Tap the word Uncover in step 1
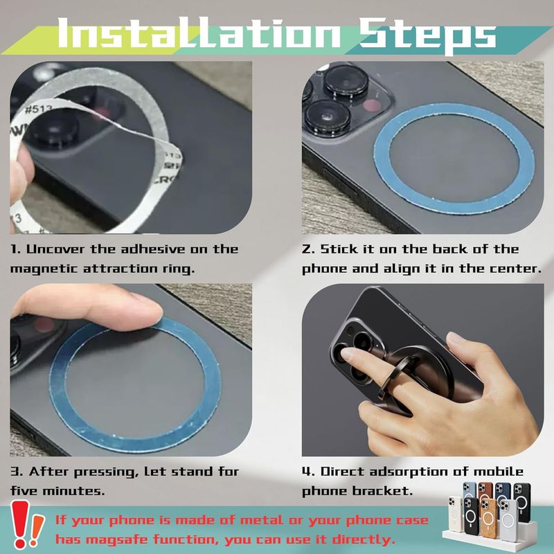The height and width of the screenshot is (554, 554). (56, 249)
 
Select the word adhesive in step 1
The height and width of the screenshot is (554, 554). (153, 249)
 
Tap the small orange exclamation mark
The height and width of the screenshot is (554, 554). (36, 530)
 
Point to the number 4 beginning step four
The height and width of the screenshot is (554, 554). (306, 472)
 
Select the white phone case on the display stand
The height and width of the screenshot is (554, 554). (455, 513)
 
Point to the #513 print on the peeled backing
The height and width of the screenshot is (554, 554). (38, 109)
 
